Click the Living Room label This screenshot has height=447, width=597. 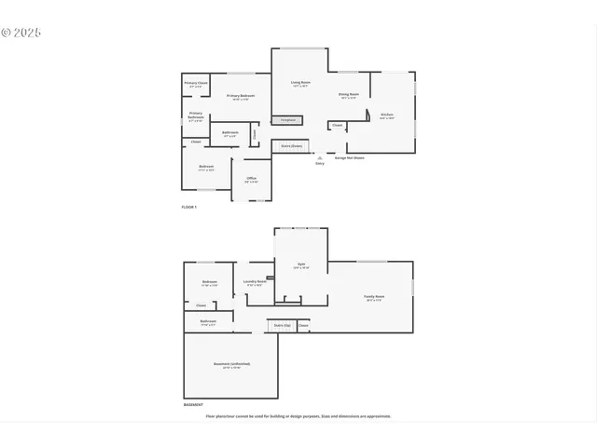coord(299,84)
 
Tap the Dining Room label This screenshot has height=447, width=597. coord(349,94)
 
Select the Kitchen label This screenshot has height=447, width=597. coord(386,115)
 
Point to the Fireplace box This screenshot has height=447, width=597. coord(286,120)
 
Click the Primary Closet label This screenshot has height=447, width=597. coord(196,84)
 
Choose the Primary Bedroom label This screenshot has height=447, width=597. coord(241,97)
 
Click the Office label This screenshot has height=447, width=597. coord(251,179)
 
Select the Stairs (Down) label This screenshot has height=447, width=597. coord(291,146)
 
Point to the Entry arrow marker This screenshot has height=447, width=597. coord(319,157)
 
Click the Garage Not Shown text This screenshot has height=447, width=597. coord(349,157)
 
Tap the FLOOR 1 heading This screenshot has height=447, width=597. coord(189,207)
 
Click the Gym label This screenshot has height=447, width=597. coord(301,265)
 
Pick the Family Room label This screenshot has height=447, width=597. coord(374,298)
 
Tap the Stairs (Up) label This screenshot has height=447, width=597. coord(282,325)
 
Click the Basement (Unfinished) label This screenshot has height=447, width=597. coord(231,364)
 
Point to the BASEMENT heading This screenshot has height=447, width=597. coord(193,406)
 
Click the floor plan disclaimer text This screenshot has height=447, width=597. coord(298,416)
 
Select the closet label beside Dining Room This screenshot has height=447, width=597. coord(337,125)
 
